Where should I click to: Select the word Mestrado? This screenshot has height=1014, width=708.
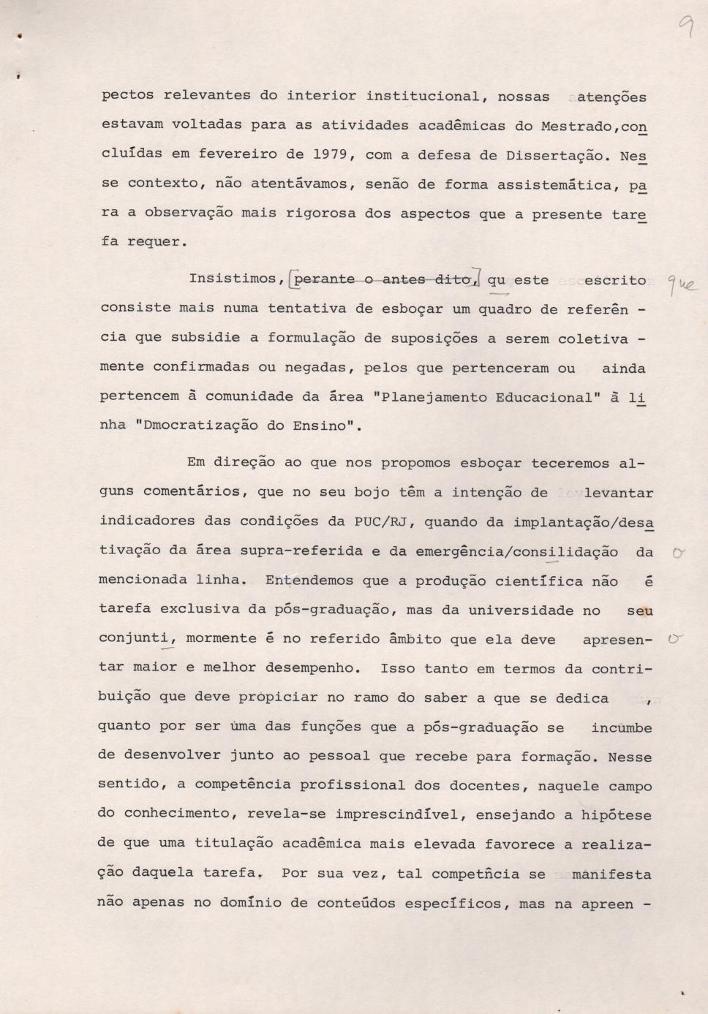[576, 126]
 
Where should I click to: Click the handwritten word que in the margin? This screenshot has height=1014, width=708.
[681, 285]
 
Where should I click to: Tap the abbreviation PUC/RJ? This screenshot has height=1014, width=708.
[380, 521]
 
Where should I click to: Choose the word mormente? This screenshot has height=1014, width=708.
[221, 638]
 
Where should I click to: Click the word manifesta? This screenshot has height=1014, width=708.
[611, 874]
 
